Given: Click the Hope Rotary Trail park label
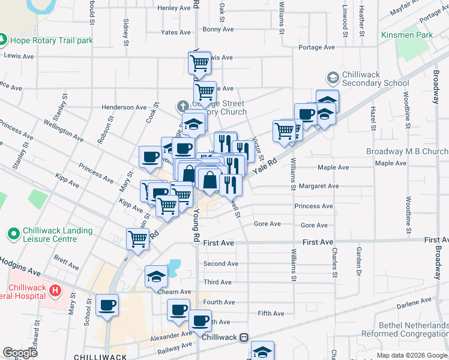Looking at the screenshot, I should (x=50, y=40).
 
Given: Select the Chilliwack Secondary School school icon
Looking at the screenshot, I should (x=332, y=78).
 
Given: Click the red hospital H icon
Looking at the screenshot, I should (x=56, y=291).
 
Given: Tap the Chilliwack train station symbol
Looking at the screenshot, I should (x=243, y=337).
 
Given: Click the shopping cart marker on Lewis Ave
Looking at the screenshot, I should (x=199, y=62).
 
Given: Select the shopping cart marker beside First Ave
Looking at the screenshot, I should (x=138, y=238).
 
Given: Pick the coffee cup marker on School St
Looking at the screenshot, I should (x=107, y=305).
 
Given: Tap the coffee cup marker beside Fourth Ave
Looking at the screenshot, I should (x=178, y=310).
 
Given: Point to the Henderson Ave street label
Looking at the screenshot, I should (x=124, y=107).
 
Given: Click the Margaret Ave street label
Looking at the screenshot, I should (x=319, y=186).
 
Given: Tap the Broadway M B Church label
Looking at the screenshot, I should (x=407, y=151).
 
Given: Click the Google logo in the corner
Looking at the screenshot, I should (x=20, y=353).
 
